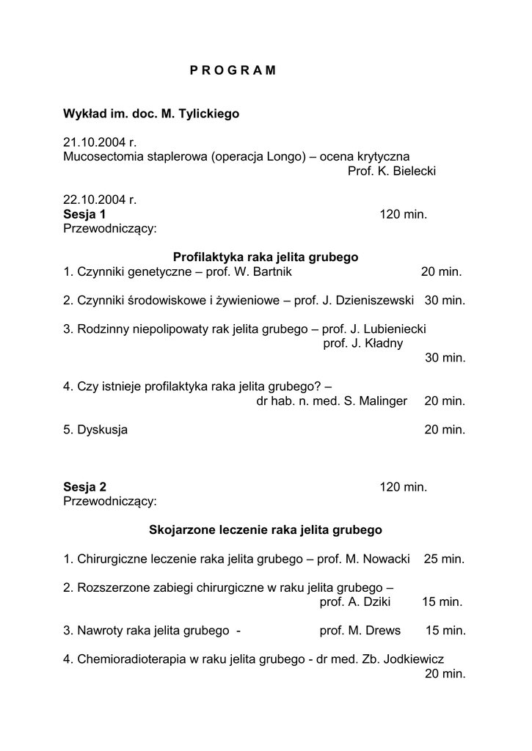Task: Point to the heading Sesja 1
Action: click(x=84, y=214)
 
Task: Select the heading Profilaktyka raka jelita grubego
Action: click(x=266, y=257)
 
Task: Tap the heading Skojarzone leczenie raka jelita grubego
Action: click(x=266, y=530)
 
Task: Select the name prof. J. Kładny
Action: click(x=363, y=343)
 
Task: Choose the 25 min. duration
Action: click(x=444, y=559)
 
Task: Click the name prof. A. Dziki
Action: click(x=355, y=602)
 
